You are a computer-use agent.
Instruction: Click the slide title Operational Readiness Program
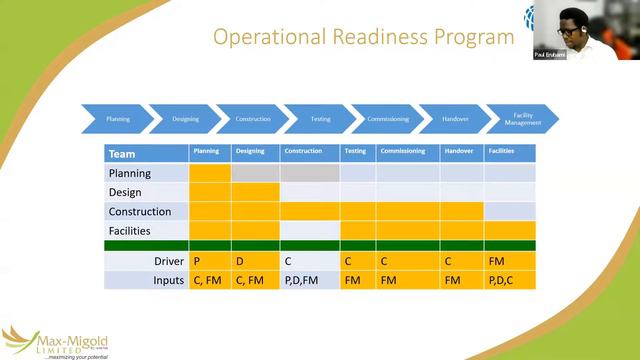coord(364,37)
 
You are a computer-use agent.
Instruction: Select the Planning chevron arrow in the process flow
coord(118,119)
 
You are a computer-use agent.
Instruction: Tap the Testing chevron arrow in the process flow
coord(320,119)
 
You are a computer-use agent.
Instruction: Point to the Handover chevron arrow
coord(455,119)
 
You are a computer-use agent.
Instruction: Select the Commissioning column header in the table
coord(407,152)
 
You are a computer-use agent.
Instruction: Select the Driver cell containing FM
coord(510,261)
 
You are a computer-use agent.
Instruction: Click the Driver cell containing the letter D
coord(255,261)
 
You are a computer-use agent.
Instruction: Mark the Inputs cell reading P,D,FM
coord(310,280)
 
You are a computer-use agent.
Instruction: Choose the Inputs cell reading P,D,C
coord(510,280)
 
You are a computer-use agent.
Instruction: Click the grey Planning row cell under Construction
coord(310,173)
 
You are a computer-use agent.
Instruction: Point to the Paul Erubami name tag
coord(550,54)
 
